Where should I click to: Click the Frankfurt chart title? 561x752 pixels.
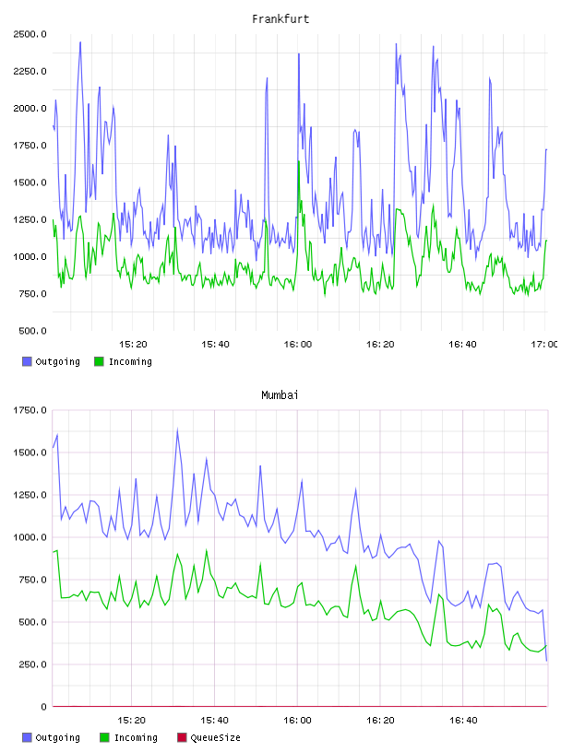[280, 19]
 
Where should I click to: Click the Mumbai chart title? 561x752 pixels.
[280, 395]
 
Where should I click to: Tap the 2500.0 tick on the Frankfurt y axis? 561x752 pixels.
[30, 34]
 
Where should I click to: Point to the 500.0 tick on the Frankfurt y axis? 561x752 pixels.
[32, 331]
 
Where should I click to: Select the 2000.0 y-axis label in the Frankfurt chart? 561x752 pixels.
[30, 109]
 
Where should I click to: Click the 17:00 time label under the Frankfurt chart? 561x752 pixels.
[544, 345]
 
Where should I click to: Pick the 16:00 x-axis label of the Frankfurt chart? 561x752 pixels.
[297, 345]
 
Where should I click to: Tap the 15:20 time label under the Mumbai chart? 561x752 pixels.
[131, 721]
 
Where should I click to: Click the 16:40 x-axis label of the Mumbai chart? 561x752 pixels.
[463, 721]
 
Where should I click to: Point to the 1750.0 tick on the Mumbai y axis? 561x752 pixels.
[30, 410]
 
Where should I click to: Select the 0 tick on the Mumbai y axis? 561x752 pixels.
[43, 707]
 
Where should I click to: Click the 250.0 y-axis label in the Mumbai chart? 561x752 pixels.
[32, 664]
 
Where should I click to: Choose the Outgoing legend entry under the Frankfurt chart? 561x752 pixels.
[51, 361]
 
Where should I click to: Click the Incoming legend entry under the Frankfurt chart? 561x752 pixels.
[123, 361]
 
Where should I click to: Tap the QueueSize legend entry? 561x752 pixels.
[209, 737]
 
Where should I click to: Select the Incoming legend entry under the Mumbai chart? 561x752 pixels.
[128, 737]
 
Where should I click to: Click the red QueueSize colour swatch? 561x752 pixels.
[182, 737]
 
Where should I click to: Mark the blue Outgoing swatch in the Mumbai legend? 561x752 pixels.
[27, 737]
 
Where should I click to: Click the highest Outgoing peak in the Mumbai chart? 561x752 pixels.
[177, 429]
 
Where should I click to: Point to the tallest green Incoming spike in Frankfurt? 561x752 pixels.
[298, 161]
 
